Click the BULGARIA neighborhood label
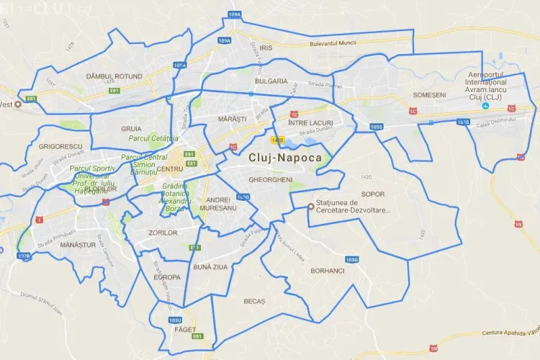(271, 81)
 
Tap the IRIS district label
(267, 48)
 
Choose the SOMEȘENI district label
(430, 94)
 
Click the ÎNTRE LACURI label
(310, 124)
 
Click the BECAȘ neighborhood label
(254, 301)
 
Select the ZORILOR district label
(162, 233)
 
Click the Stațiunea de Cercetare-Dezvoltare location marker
(311, 206)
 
